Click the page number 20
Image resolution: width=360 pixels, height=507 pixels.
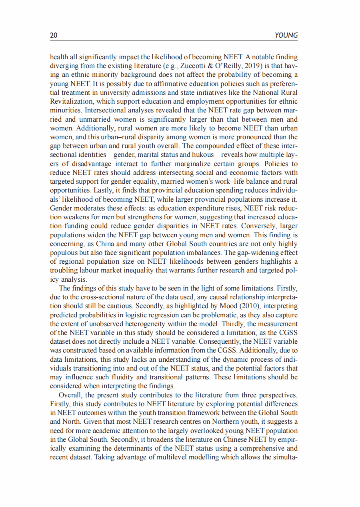54,36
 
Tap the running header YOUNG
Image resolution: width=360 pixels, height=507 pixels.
286,36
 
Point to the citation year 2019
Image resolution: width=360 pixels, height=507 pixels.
233,66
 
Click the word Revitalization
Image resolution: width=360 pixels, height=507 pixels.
71,101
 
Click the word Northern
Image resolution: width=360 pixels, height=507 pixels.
205,421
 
